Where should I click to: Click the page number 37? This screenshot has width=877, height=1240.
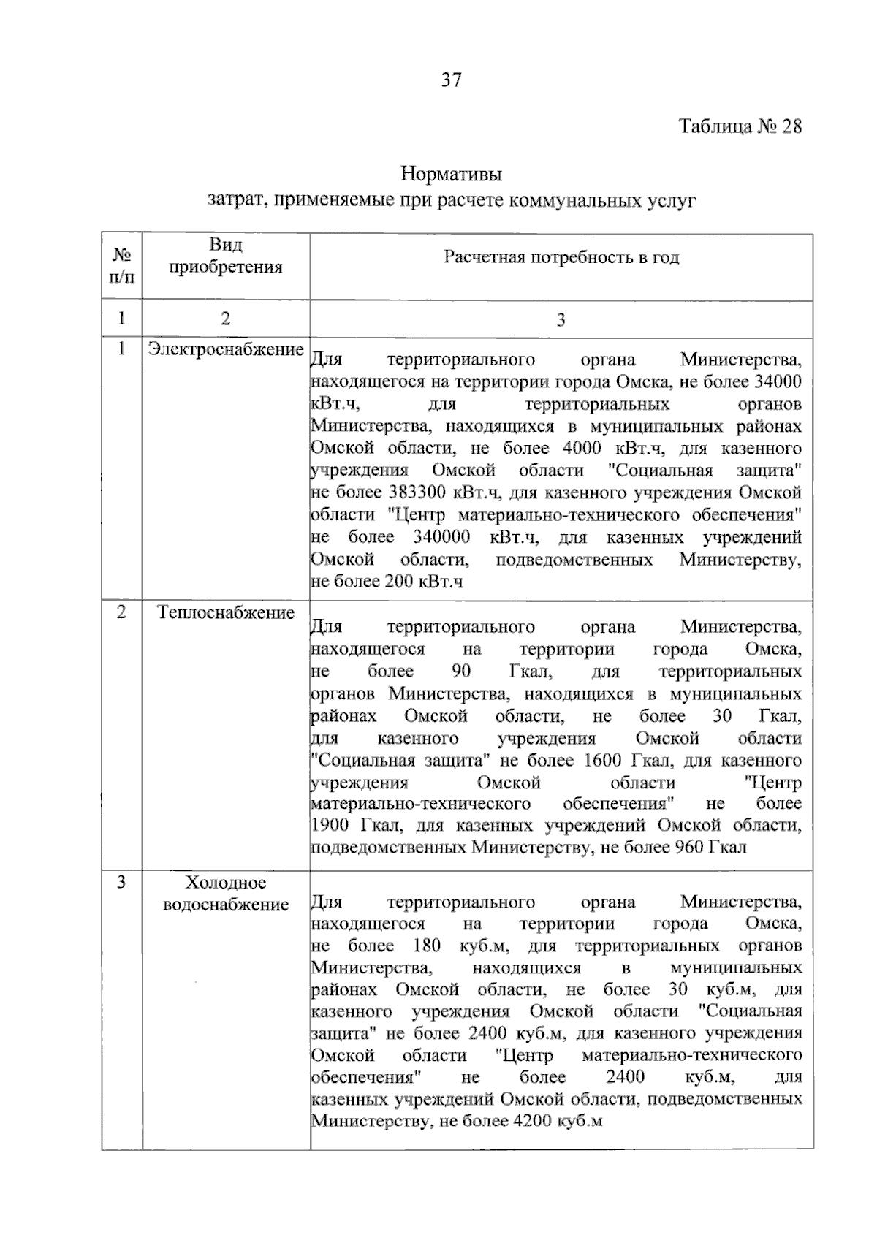coord(451,80)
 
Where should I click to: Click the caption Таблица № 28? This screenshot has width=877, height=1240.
coord(740,127)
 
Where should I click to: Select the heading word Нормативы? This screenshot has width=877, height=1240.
coord(451,175)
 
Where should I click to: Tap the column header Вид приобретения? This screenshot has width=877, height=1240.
coord(226,256)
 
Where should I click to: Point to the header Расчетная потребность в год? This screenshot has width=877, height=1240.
coord(561,258)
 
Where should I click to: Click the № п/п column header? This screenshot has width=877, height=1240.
coord(122,266)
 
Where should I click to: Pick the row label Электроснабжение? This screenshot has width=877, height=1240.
coord(226,349)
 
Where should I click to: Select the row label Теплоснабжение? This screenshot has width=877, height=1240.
coord(226,612)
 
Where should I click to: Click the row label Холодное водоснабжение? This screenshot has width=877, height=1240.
coord(226,894)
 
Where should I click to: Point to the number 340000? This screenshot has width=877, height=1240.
coord(441,538)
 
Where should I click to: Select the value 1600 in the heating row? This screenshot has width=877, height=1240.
coord(603,761)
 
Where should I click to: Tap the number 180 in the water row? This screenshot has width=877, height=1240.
coord(427,946)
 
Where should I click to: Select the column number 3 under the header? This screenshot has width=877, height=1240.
coord(561,320)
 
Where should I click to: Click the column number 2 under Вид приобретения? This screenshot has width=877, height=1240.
coord(226,319)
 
